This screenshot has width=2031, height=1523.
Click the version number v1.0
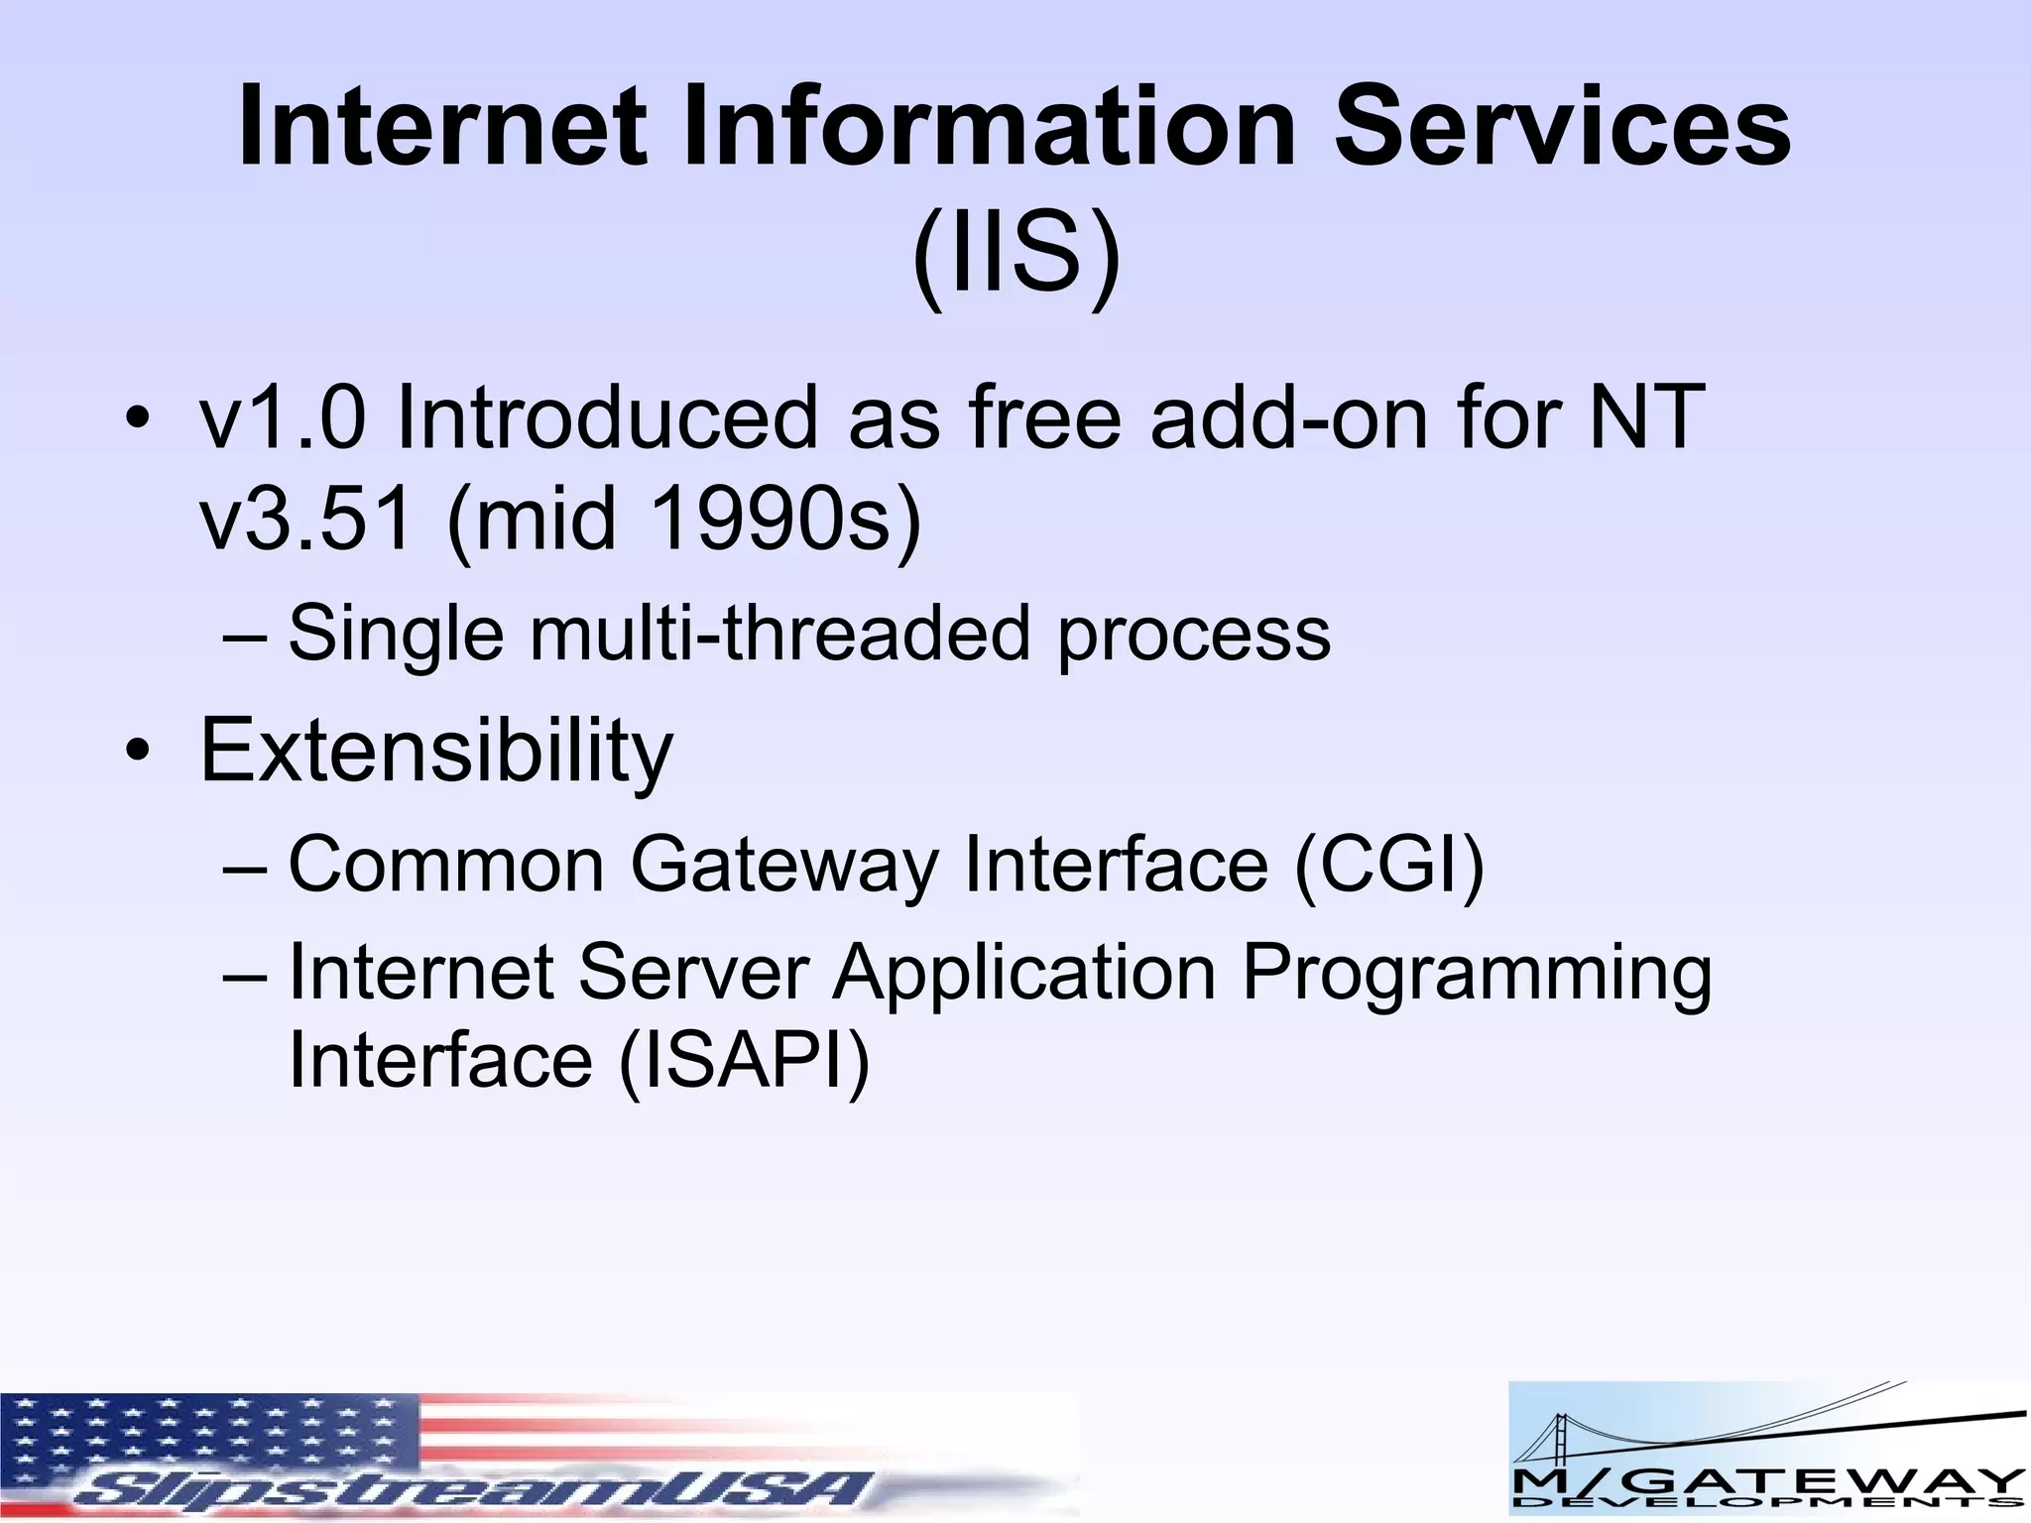click(282, 417)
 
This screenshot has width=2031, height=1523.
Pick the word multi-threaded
click(780, 633)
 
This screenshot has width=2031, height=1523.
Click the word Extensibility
click(436, 751)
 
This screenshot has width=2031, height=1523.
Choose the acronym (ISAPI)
click(744, 1059)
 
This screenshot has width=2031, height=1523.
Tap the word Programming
click(1476, 972)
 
